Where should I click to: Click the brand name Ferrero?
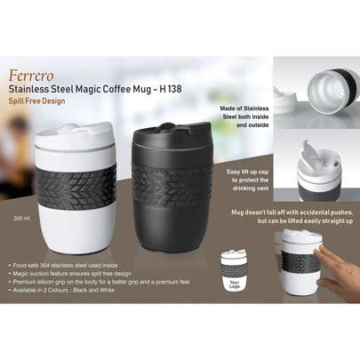pyautogui.click(x=31, y=76)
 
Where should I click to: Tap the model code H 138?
pyautogui.click(x=171, y=89)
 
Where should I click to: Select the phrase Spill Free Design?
pyautogui.click(x=36, y=101)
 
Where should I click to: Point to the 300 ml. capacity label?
pyautogui.click(x=22, y=219)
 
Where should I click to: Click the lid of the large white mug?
pyautogui.click(x=75, y=135)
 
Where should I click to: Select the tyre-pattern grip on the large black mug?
pyautogui.click(x=172, y=182)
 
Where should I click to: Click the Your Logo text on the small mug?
pyautogui.click(x=235, y=284)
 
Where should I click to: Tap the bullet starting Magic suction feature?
pyautogui.click(x=70, y=274)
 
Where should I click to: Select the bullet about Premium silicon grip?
pyautogui.click(x=100, y=282)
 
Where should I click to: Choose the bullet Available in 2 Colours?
pyautogui.click(x=61, y=290)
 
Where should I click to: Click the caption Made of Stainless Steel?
pyautogui.click(x=244, y=116)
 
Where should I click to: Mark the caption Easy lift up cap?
pyautogui.click(x=248, y=180)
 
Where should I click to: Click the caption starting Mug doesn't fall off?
pyautogui.click(x=292, y=217)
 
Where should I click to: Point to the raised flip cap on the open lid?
pyautogui.click(x=308, y=155)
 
